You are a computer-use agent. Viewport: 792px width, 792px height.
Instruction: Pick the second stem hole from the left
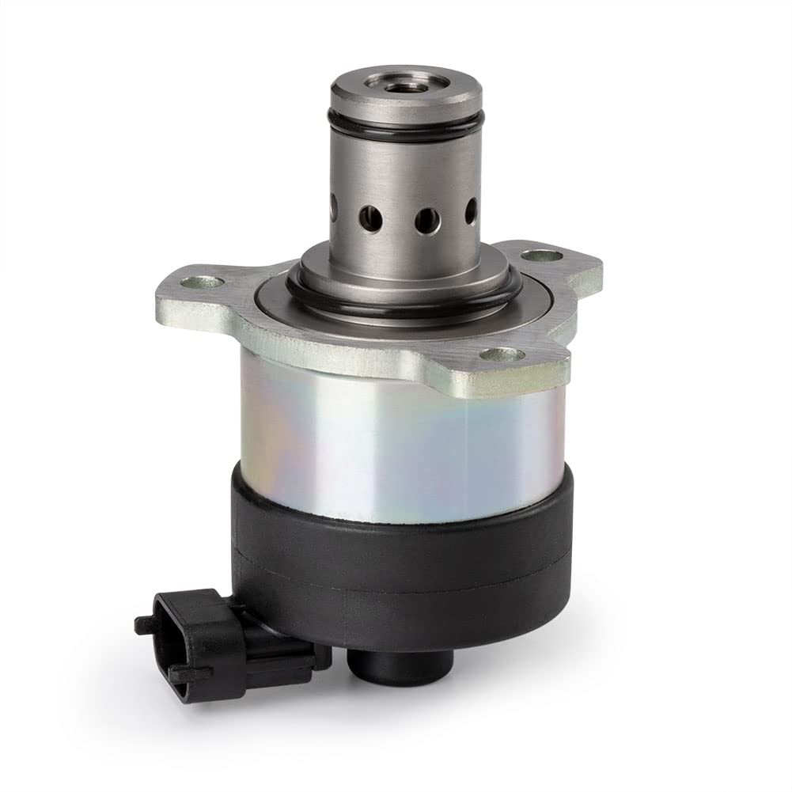coord(369,215)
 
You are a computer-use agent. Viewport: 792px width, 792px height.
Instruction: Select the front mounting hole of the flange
coord(493,355)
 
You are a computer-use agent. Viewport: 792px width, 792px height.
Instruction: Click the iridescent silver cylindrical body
coord(396,435)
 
